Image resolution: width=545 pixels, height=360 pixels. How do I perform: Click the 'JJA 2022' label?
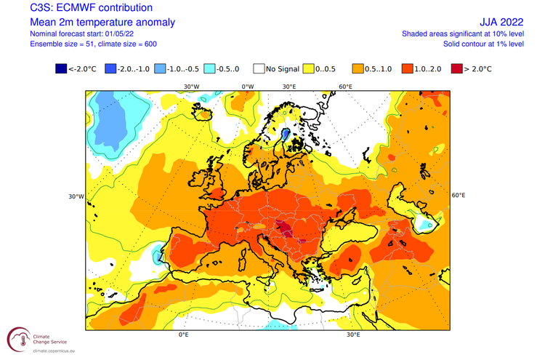(500, 22)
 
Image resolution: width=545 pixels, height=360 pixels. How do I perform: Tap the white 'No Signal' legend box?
(260, 71)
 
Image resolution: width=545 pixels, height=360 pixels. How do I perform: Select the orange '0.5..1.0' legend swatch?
(359, 71)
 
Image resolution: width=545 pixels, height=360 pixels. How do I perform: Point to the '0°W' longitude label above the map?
(247, 87)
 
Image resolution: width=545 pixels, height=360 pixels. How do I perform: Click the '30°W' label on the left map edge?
(76, 196)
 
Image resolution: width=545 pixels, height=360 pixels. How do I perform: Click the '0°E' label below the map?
(184, 335)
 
